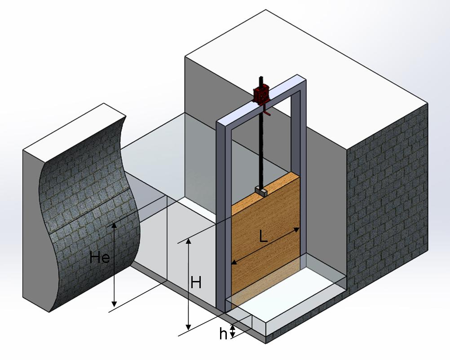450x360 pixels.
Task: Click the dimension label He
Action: pos(100,258)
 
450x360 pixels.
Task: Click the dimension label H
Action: pos(196,283)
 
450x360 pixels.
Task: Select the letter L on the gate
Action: pos(264,237)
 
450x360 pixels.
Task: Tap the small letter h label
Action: pos(223,334)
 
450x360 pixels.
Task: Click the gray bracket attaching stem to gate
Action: pos(260,191)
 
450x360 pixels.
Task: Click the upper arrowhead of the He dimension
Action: pos(114,226)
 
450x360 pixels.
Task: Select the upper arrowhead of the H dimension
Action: pos(189,241)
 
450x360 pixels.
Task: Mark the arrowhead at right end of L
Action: pos(296,230)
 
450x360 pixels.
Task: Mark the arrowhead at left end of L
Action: pos(234,263)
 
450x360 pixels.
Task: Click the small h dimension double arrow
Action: pos(233,332)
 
